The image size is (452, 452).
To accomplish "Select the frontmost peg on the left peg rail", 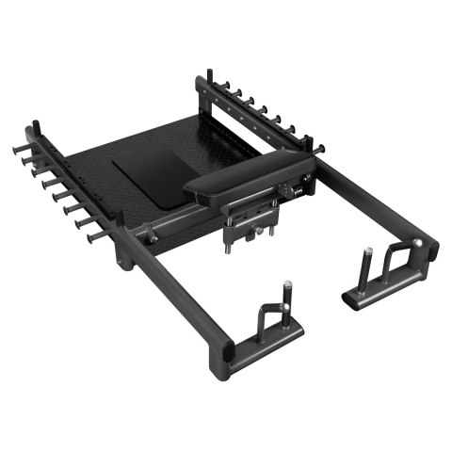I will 95,238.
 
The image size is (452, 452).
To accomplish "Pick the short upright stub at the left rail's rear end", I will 36,130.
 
